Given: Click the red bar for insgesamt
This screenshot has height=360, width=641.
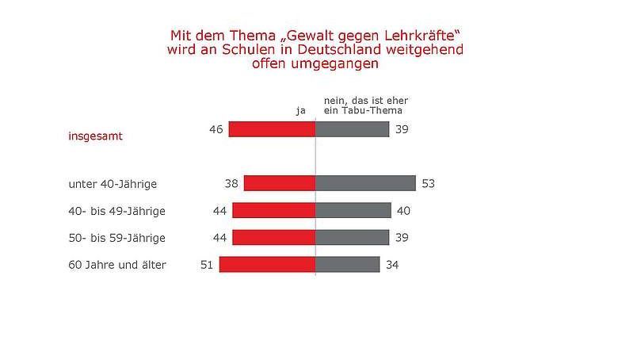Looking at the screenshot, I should coord(272,129).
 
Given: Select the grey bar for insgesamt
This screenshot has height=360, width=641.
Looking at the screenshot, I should coord(352,129).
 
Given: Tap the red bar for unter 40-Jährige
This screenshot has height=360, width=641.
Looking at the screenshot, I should coord(279,183).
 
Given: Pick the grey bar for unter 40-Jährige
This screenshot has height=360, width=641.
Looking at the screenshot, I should coord(365,183).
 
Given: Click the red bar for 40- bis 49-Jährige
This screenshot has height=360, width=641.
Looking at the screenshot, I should coord(273,210).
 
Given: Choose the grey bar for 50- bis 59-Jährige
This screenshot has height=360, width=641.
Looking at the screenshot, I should coord(352,237).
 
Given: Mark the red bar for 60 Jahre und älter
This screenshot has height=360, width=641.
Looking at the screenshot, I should coord(267,264).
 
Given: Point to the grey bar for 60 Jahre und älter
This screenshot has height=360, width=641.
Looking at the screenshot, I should coord(347,264).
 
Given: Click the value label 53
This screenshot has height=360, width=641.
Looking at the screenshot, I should coord(428,184).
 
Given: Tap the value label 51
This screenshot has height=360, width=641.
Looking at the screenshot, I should coord(208,265).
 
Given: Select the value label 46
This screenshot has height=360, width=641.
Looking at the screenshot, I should coord(216,129).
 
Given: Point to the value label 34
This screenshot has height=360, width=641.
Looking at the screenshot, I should coord(392,265).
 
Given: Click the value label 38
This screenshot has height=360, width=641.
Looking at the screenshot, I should coord(231,184).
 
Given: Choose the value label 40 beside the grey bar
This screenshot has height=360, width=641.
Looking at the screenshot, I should coord(403,211).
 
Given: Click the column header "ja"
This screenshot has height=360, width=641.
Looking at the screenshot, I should coord(300,111).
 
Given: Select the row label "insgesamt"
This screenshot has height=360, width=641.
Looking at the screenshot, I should coord(95,136).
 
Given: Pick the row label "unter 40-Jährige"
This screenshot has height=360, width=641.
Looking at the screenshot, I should coord(113,184).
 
